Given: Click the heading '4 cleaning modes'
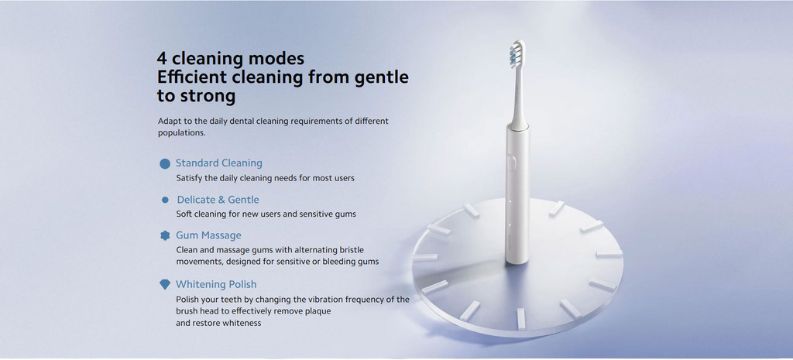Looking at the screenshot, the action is (231, 59).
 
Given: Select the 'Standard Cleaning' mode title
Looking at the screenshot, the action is (219, 163).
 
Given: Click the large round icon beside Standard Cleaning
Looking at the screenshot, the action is (165, 163).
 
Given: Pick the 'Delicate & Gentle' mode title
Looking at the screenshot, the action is (218, 199).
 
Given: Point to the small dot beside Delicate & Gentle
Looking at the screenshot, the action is (165, 200).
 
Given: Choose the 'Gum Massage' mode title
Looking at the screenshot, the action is (208, 235).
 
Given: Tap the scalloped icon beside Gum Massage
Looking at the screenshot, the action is (165, 235).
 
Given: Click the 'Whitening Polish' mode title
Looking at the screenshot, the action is (216, 284).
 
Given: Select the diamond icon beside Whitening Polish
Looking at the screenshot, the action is (165, 285).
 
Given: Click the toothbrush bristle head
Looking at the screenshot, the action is (517, 54).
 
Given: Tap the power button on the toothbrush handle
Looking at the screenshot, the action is (512, 163).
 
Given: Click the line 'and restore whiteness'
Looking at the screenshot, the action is (218, 323).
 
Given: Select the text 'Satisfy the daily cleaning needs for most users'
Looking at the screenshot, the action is (265, 178).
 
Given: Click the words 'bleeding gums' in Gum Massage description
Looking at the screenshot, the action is (353, 262).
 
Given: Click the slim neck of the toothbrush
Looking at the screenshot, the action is (517, 96).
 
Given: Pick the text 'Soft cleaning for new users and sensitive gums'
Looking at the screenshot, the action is (266, 214).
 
